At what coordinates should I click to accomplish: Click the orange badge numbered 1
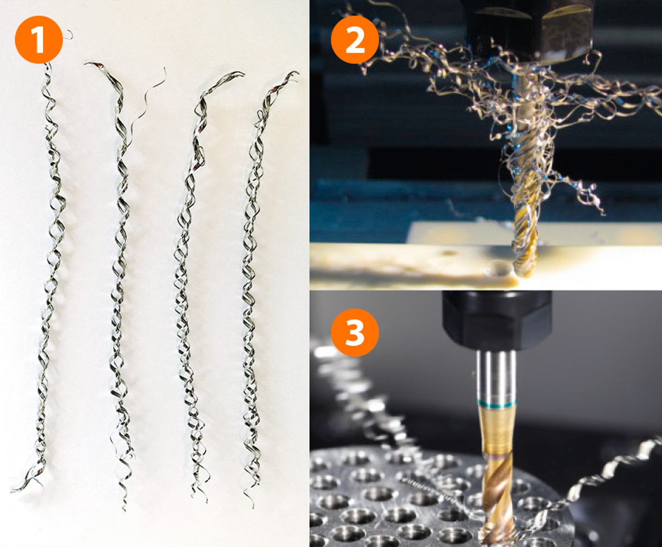coord(38,39)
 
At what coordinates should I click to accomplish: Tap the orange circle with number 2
coord(355,39)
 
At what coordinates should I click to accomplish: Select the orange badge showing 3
coord(355,332)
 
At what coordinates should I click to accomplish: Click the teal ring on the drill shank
coord(497,403)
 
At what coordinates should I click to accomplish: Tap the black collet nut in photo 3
coord(497,320)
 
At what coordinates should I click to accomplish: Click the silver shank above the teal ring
coord(497,376)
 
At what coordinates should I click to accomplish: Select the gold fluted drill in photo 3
coord(497,476)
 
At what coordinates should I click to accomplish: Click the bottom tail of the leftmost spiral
coord(27,482)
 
